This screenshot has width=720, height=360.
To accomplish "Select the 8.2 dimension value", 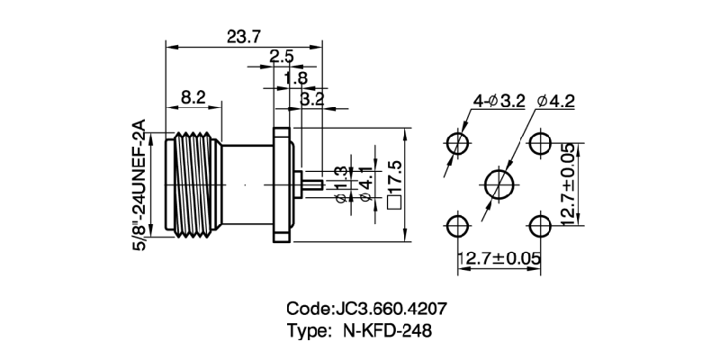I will point(193,96).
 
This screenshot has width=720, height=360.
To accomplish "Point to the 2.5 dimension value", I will point(281,58).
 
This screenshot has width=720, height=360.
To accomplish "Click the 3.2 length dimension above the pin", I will point(311,99).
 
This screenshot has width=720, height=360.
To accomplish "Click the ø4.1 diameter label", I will point(364,185).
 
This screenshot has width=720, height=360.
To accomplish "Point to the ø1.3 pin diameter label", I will point(340,185).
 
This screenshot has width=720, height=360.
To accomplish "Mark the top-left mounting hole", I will point(457,142).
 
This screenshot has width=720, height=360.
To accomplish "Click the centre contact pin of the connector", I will point(311,184).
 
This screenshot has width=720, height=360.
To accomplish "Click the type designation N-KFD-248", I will point(388,330).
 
